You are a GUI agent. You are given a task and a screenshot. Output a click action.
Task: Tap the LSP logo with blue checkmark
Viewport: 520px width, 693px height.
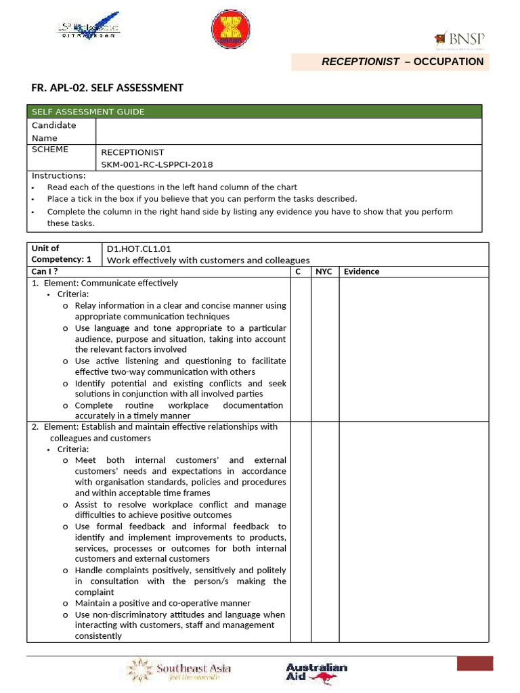(x=87, y=28)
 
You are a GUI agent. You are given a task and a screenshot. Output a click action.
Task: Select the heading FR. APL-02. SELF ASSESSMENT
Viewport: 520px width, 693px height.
(x=108, y=87)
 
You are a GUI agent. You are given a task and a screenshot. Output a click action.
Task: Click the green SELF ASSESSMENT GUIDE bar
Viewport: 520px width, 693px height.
(x=254, y=112)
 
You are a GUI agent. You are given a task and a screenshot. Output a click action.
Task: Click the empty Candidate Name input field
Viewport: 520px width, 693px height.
(x=288, y=131)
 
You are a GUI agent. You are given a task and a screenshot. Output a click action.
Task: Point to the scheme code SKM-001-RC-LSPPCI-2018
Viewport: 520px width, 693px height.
(x=157, y=164)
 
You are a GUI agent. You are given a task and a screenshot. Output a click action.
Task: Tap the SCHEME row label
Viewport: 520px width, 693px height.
(x=50, y=150)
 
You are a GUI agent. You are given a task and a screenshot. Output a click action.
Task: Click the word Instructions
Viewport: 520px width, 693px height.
(x=59, y=176)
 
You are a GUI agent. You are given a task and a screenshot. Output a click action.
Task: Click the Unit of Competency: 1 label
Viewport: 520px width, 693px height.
(x=61, y=254)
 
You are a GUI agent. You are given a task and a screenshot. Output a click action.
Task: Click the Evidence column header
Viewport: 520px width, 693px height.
(x=362, y=271)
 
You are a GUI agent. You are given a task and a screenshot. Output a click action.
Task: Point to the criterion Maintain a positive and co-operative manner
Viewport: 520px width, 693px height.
(x=162, y=603)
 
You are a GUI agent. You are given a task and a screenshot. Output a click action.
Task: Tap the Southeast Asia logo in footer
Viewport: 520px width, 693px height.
(x=180, y=670)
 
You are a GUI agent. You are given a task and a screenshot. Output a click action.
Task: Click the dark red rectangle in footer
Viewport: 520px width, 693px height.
(x=475, y=663)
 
